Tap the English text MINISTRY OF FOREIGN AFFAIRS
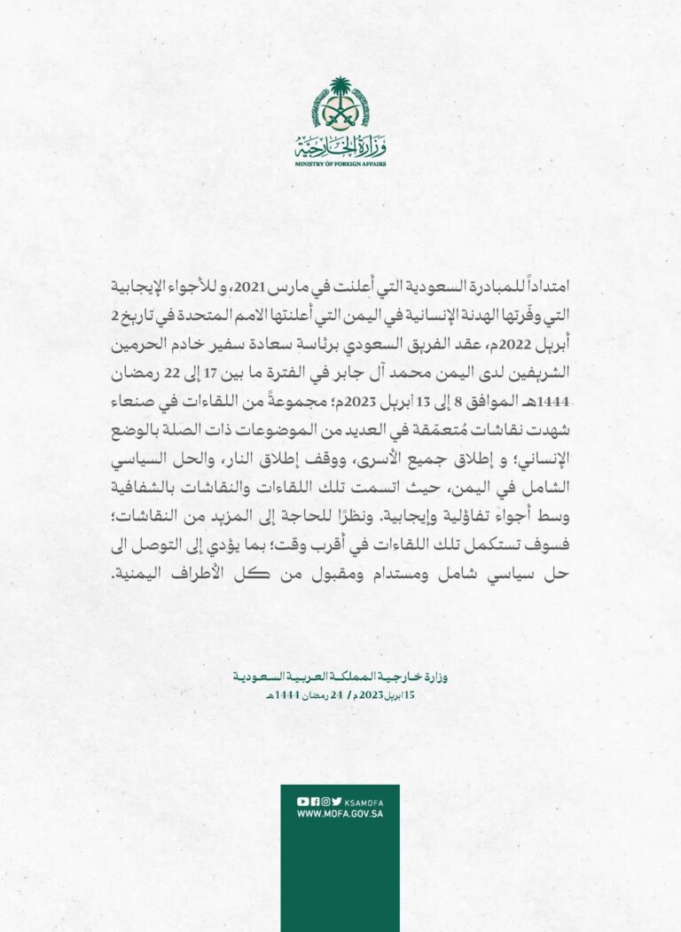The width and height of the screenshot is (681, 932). pos(340,163)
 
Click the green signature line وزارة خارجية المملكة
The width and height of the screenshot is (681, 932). pos(340,677)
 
